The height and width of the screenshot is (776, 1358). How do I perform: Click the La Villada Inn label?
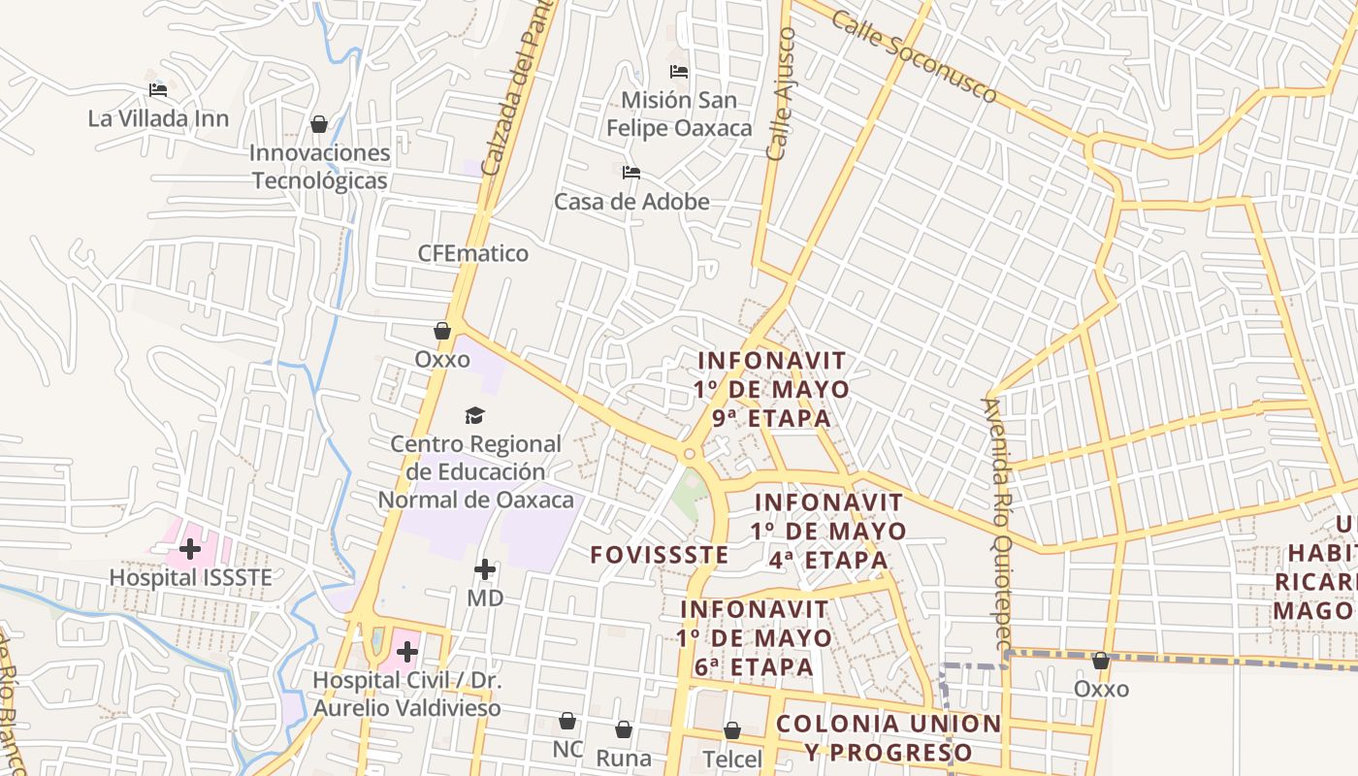[x=158, y=118]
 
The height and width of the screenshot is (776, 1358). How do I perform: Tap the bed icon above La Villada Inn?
[x=158, y=90]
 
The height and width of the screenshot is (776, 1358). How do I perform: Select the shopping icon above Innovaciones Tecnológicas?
[x=318, y=124]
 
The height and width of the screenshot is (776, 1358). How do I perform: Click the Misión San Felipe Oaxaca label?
[x=679, y=113]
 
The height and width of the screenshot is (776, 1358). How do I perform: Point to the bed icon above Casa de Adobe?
[x=631, y=174]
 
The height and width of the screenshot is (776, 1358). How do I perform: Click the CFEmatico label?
[x=473, y=253]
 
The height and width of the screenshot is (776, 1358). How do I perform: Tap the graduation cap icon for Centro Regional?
[x=474, y=416]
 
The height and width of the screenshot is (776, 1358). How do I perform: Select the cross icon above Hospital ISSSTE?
[x=190, y=549]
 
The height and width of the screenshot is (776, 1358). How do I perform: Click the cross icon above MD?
[x=485, y=569]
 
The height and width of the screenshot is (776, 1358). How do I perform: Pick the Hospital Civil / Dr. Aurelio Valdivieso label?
[x=407, y=694]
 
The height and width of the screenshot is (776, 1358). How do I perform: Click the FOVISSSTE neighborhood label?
[x=660, y=555]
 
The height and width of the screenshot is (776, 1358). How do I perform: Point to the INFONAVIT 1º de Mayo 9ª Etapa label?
[x=772, y=389]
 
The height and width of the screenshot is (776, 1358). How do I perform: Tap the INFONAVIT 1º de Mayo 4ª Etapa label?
[x=828, y=531]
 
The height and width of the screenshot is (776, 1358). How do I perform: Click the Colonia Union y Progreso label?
[x=889, y=738]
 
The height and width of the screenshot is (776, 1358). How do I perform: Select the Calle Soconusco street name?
[x=914, y=58]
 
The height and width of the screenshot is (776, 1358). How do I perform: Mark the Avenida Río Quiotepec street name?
[x=997, y=524]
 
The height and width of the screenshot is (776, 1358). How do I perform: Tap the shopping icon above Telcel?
[x=732, y=730]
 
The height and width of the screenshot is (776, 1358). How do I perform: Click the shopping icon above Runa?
[x=624, y=728]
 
